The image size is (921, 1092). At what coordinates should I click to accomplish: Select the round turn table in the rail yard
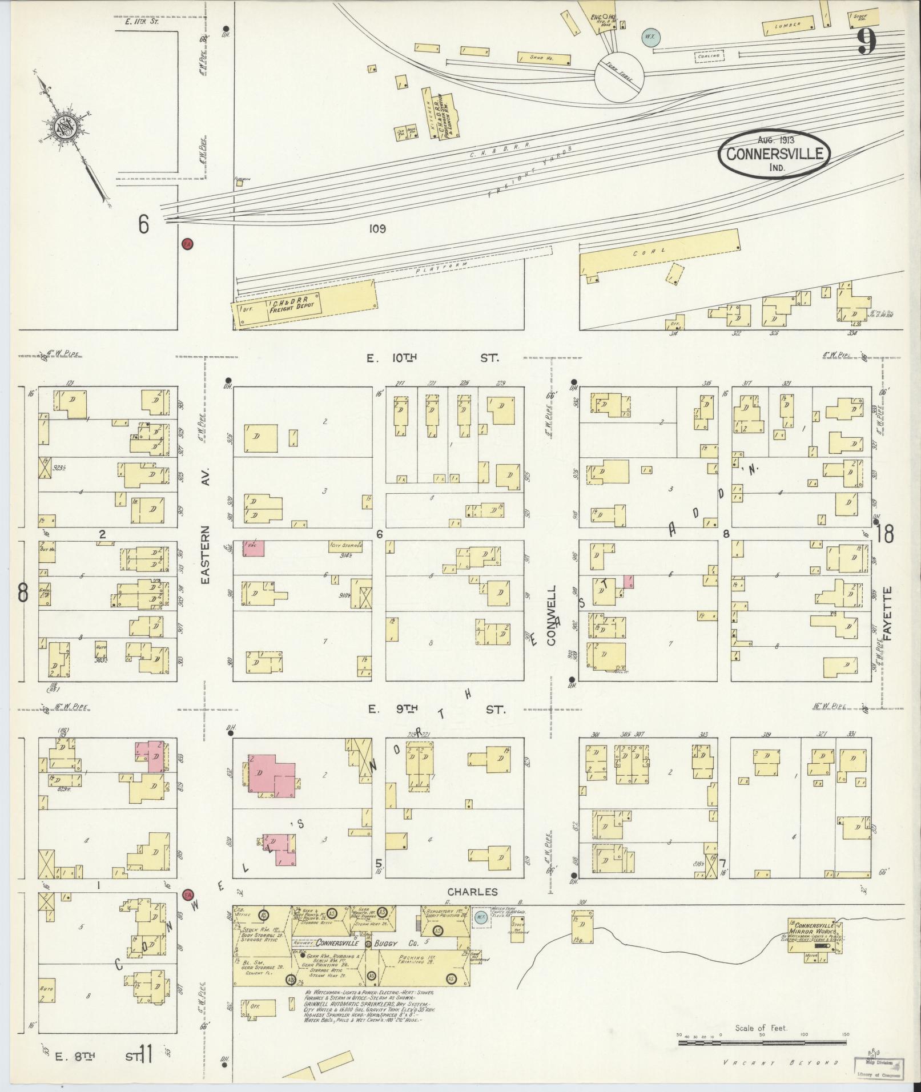point(620,76)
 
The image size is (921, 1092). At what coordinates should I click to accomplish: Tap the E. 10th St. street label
point(433,358)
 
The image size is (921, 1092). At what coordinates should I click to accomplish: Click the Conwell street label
point(552,614)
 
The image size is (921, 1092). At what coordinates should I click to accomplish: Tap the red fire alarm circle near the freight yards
point(187,244)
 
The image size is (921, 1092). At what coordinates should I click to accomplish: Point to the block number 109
point(377,229)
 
